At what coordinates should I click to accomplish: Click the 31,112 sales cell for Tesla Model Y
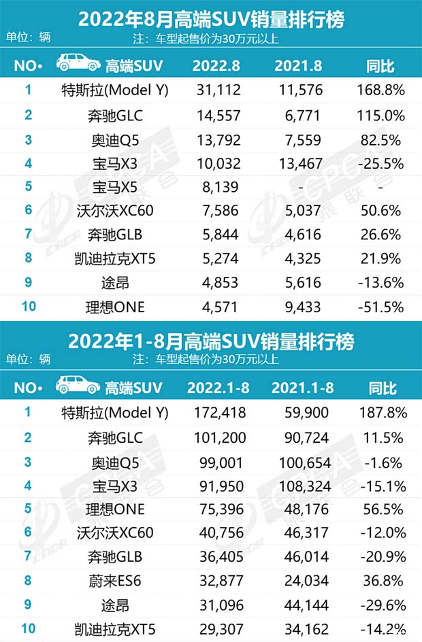(x=215, y=89)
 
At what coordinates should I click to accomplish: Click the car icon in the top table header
(x=76, y=65)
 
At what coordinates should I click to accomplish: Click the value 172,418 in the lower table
(x=215, y=411)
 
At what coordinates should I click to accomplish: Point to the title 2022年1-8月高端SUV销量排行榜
(x=211, y=341)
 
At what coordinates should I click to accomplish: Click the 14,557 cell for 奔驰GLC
(x=215, y=114)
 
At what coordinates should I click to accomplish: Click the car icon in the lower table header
(x=76, y=388)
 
